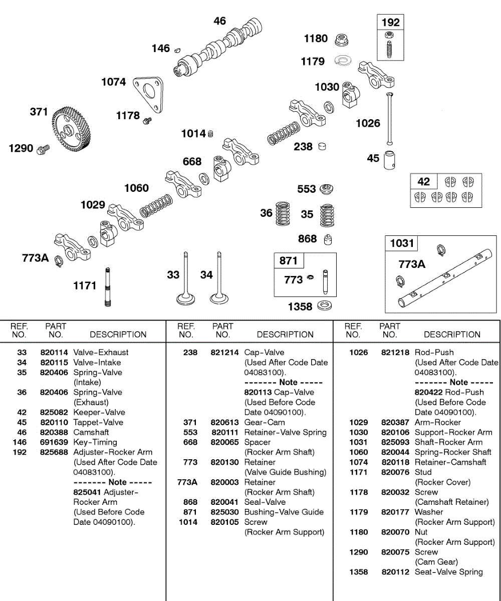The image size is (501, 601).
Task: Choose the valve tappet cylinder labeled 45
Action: point(390,160)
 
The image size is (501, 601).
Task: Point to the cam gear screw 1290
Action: point(43,148)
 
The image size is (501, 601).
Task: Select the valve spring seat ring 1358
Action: point(326,306)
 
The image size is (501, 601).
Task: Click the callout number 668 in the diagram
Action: point(192,161)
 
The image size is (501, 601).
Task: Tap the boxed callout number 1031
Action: point(401,243)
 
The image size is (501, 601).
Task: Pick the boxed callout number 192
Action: point(391,22)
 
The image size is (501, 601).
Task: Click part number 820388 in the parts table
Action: point(54,432)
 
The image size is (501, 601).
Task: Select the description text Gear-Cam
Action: point(265,422)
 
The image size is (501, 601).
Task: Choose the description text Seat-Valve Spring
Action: point(448,572)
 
